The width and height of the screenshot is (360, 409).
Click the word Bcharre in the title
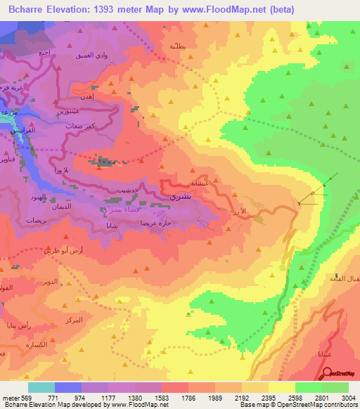(x=28, y=9)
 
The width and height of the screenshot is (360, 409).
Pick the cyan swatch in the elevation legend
(x=41, y=387)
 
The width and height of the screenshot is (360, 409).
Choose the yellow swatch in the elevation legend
(x=281, y=387)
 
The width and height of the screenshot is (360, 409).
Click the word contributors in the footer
(x=340, y=404)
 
